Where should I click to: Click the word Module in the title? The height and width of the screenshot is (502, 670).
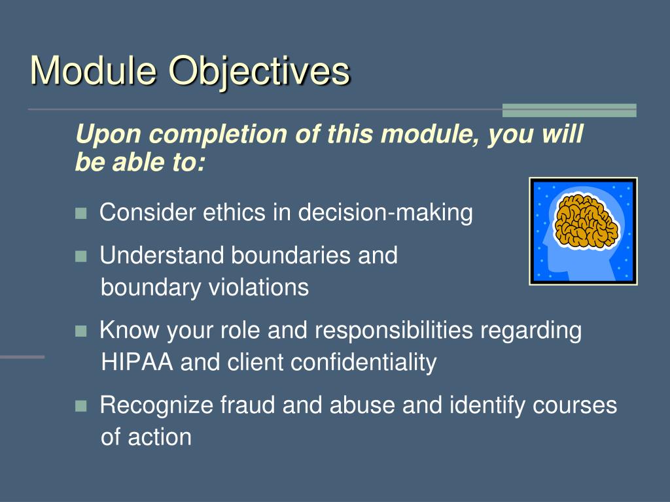(93, 71)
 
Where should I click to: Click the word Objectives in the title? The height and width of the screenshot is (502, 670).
(259, 73)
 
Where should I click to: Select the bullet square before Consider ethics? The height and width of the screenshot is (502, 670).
(80, 213)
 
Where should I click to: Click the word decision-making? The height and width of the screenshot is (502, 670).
(385, 213)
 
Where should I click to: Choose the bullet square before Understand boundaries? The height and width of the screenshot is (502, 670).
(80, 256)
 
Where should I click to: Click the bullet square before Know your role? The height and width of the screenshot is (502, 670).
(80, 331)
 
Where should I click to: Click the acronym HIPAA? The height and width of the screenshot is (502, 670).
(137, 362)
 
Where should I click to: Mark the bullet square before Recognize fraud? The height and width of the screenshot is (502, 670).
(80, 406)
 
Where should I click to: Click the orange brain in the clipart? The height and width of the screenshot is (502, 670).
(586, 221)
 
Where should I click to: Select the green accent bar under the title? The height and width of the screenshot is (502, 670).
(569, 110)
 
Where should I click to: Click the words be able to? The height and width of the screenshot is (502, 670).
(140, 162)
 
